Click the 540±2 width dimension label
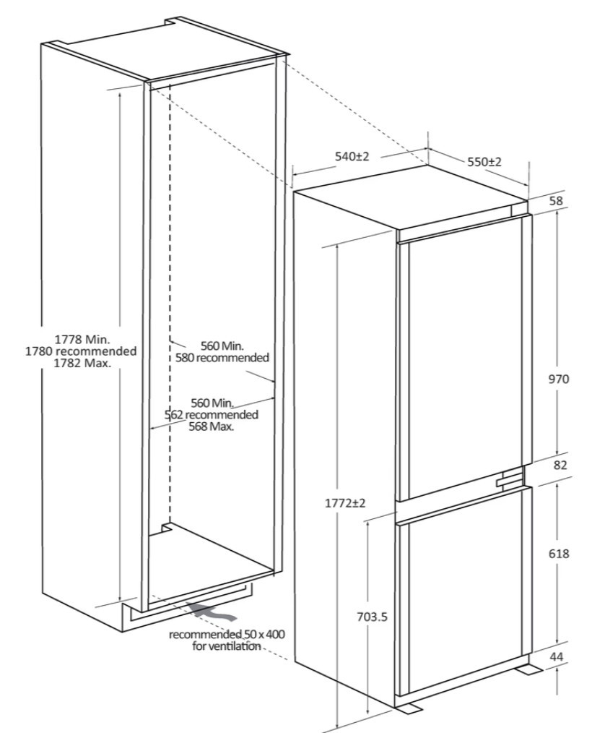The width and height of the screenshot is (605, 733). pos(352,157)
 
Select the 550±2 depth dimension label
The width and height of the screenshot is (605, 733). pos(484,162)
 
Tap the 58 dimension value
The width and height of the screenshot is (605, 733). pos(556,201)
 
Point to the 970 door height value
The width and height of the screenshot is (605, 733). pos(559,379)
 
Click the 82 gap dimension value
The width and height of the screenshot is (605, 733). pos(561,465)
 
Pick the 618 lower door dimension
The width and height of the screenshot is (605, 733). pos(559,554)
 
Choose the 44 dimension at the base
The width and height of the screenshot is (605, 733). pos(557,656)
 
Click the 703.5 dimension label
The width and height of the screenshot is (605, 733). pos(372,617)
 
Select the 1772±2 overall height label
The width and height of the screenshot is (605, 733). pos(345,503)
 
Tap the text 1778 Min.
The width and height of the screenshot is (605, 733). pos(82,338)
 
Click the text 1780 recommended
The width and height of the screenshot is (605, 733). pos(81,351)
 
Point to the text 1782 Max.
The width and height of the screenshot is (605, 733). pos(82,363)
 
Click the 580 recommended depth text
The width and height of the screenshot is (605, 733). pos(222,358)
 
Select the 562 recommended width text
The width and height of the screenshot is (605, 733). pos(211,415)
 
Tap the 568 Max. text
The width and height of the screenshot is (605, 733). pos(212,426)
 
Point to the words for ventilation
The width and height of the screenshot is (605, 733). pos(227,646)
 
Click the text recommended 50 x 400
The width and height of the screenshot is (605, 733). pos(227,635)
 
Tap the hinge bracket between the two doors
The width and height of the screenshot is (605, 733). pos(510,479)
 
